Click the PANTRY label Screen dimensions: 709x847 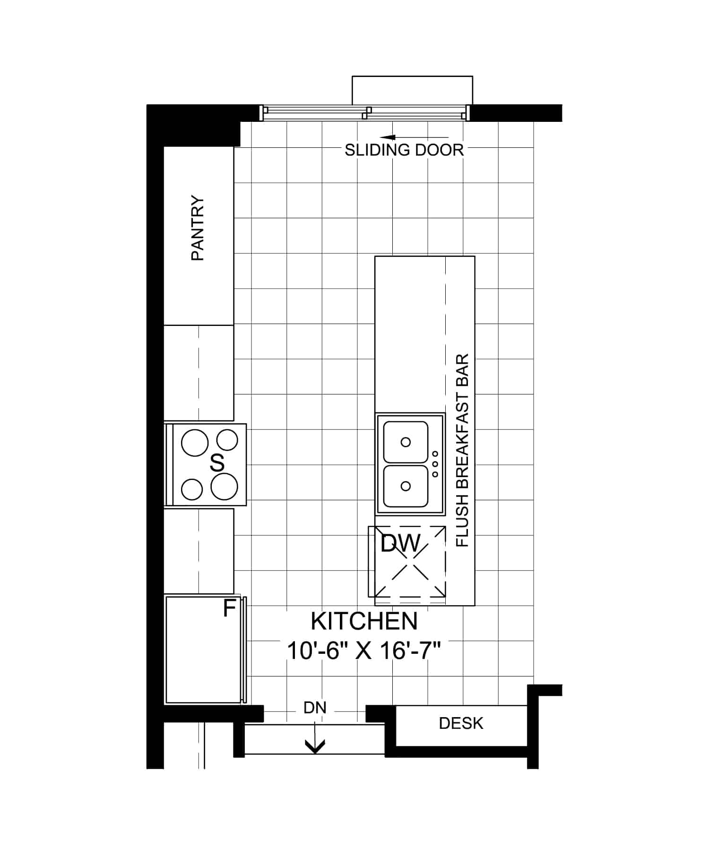click(198, 228)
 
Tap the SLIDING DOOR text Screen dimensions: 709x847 click(404, 150)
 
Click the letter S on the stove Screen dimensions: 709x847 click(217, 462)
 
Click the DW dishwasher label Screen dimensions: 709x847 click(400, 543)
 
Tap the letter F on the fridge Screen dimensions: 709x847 click(229, 608)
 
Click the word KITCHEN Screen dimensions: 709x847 click(364, 621)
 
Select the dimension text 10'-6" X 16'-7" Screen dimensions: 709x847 click(364, 651)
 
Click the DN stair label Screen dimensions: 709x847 click(315, 708)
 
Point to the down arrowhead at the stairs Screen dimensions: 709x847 click(315, 746)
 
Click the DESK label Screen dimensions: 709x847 click(461, 723)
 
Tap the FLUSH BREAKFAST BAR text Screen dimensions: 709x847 click(462, 451)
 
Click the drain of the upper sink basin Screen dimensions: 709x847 click(406, 442)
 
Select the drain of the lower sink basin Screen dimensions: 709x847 click(406, 486)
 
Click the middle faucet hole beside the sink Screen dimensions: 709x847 click(435, 464)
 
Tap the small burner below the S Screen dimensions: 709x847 click(191, 489)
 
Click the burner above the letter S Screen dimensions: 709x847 click(227, 440)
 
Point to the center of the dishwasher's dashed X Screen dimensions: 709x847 click(410, 562)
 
